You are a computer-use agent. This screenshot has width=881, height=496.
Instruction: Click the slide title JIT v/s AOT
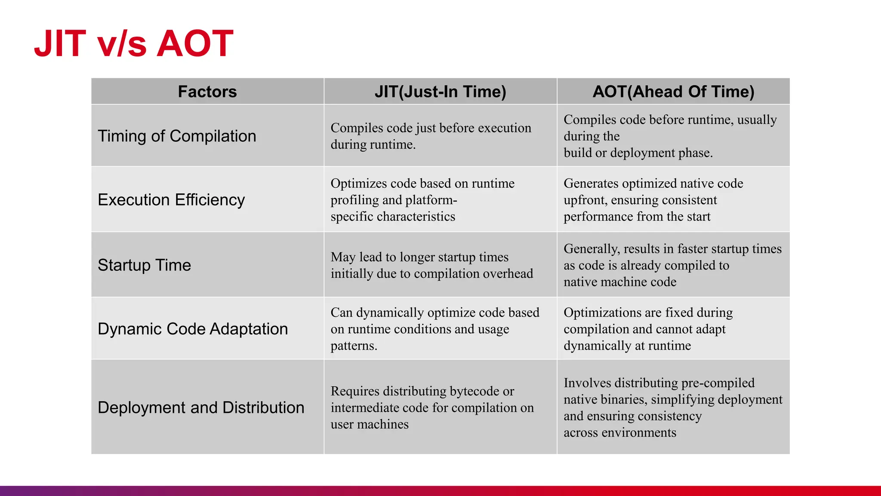134,43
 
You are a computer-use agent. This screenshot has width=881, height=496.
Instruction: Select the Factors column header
207,92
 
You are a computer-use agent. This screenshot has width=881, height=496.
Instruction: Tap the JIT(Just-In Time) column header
440,92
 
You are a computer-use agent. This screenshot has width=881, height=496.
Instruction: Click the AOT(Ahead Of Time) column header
673,92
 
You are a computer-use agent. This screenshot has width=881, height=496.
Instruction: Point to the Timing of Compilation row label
177,136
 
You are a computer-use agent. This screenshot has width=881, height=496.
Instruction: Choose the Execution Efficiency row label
171,200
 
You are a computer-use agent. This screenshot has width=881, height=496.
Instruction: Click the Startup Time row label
144,265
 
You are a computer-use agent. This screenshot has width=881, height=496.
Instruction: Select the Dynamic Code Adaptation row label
193,329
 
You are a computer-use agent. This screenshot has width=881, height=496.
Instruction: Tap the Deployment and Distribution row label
201,408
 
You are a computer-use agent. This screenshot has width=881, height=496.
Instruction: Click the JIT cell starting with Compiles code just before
431,136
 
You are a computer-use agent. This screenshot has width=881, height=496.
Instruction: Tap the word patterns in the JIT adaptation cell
353,346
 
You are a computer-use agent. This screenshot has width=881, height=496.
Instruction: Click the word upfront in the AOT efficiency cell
585,201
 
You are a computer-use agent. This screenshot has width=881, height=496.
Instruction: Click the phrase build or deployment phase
638,153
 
